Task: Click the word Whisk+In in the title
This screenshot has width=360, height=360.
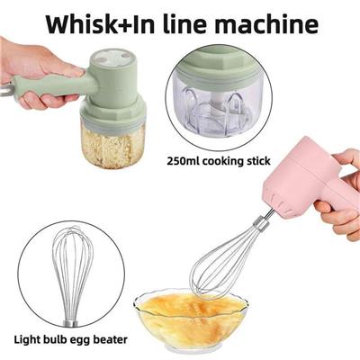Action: [x=101, y=24]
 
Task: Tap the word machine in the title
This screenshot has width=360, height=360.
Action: [x=266, y=24]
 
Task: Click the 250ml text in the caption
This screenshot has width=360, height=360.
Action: [x=183, y=161]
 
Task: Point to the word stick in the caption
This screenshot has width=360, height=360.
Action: [x=257, y=161]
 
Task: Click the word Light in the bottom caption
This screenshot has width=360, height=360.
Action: [x=27, y=339]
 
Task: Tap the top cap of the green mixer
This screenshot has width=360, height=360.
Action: [x=113, y=59]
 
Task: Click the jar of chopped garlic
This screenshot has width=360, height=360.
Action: [x=113, y=145]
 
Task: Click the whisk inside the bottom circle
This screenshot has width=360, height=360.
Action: [x=68, y=276]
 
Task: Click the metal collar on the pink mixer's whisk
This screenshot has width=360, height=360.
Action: [x=259, y=223]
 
